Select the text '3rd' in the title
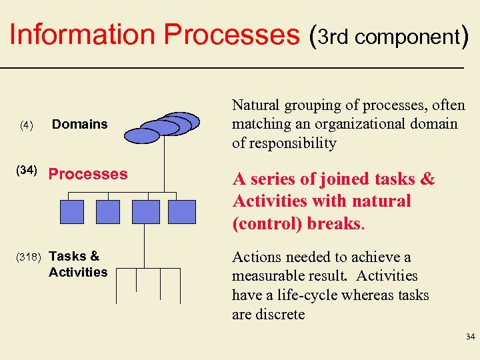pos(334,37)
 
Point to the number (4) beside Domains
pos(26,125)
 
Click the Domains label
pos(79,124)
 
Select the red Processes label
pos(88,174)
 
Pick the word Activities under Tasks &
pos(78,272)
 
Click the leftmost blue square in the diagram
pos(72,211)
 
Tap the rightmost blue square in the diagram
pos(181,211)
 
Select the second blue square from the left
pos(108,211)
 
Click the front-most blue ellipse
pos(143,136)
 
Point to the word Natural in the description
pos(256,105)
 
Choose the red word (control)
pos(267,223)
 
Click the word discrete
pos(280,314)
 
